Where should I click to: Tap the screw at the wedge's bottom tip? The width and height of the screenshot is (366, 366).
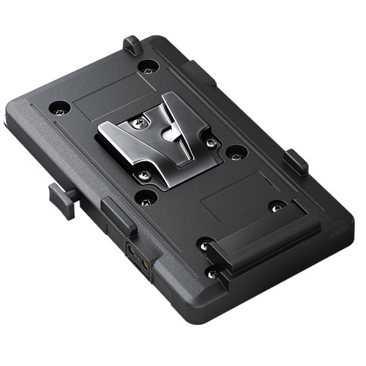pyautogui.click(x=145, y=173)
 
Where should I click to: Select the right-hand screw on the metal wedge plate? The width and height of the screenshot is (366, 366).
pyautogui.click(x=210, y=141)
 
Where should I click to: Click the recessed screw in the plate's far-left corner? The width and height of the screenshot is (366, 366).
pyautogui.click(x=60, y=108)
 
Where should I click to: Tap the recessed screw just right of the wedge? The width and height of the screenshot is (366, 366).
pyautogui.click(x=236, y=153)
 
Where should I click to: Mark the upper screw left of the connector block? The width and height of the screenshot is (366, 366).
pyautogui.click(x=207, y=244)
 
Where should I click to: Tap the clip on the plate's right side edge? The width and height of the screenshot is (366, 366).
pyautogui.click(x=296, y=161)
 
